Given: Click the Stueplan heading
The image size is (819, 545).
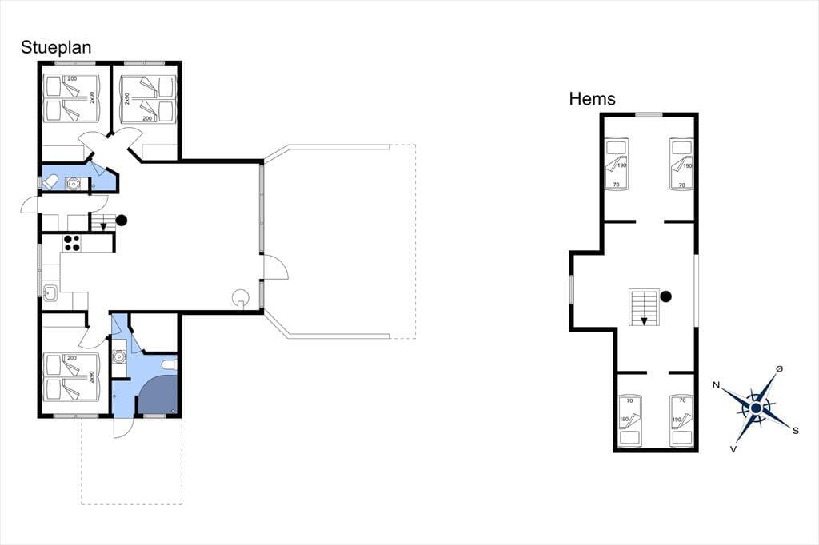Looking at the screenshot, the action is point(56,47).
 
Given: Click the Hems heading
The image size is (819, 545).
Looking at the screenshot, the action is point(593,98).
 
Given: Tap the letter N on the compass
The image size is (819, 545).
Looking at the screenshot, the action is point(717,385).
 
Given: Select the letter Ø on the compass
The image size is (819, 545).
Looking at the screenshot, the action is point(779,368).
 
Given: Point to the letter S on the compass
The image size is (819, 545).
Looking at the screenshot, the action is point(796,430).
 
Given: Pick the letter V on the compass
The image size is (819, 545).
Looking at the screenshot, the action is point(733,448).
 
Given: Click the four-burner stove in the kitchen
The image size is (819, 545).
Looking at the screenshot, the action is point(71,243).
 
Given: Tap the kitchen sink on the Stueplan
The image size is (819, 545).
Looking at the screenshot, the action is point(50,293).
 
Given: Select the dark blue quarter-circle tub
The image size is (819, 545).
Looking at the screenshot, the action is point(158,392).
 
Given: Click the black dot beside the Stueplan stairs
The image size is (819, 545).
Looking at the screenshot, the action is point(122,221).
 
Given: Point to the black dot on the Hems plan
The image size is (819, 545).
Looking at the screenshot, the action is point(665,296).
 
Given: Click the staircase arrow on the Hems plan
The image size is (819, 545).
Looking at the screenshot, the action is point(644,321).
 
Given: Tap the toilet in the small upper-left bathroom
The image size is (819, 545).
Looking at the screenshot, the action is point(50,183).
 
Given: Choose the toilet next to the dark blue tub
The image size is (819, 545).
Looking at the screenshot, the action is point(170,364).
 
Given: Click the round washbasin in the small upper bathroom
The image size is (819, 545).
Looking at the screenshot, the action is point(73,184).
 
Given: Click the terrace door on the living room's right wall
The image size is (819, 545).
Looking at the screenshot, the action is point(275,268).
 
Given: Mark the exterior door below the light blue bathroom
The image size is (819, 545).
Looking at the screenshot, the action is point(122,428).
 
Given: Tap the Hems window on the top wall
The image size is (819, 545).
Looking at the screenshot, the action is point(649,115).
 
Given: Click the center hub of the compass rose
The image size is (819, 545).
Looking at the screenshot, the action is point(756,408).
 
